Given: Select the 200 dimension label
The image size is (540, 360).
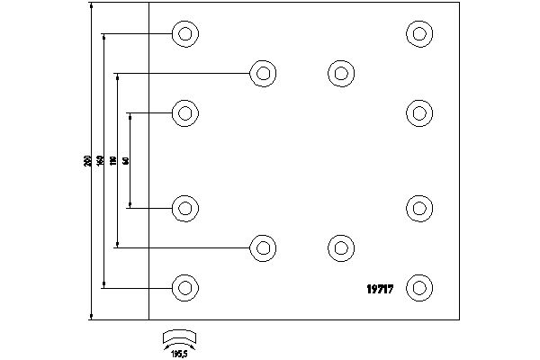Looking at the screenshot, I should (x=86, y=161).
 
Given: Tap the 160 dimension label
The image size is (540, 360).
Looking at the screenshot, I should (x=100, y=161).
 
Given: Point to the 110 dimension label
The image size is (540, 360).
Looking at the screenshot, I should (x=113, y=161).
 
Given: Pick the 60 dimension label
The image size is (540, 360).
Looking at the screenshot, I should (x=126, y=161).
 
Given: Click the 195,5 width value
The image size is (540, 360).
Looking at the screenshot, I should (x=178, y=352).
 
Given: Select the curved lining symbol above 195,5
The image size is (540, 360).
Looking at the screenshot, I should (x=178, y=337).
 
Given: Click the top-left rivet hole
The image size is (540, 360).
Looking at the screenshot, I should (x=184, y=34).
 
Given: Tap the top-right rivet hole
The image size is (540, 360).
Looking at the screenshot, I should (x=418, y=34).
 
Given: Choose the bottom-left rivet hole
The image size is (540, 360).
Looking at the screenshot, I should (x=184, y=288).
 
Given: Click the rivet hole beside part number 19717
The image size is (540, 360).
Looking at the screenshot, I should (x=418, y=288).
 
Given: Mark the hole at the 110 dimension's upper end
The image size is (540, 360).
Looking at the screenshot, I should (x=262, y=74).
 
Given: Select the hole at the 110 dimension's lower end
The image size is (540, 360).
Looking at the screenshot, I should (x=262, y=247).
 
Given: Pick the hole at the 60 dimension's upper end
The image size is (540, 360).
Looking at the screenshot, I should (x=184, y=113).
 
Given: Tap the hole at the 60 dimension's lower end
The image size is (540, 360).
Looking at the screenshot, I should (x=184, y=209).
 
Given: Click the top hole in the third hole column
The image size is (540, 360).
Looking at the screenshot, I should (x=339, y=74).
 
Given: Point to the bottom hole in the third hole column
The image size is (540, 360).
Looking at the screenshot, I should (x=339, y=247).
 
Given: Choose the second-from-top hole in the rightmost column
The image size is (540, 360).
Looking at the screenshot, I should (x=418, y=113).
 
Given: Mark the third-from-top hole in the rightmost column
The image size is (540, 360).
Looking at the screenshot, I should (x=418, y=207).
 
